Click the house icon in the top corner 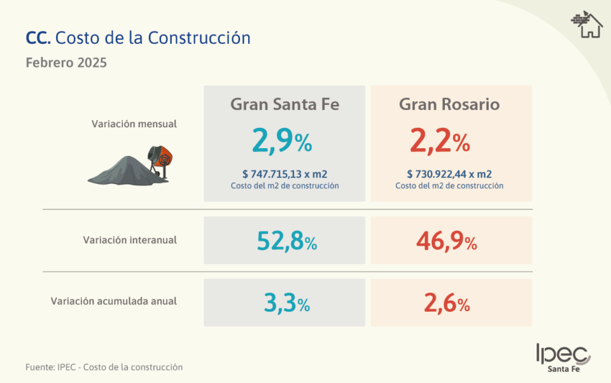[587, 25]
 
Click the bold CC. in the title [38, 38]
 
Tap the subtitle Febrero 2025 [66, 63]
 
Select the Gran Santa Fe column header [284, 105]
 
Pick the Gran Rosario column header [449, 105]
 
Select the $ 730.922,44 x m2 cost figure [449, 174]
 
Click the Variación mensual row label [134, 124]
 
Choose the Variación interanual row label [130, 240]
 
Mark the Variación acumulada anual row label [114, 301]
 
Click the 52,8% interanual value [286, 241]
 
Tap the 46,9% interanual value [446, 241]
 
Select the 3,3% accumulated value [286, 303]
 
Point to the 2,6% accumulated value [447, 303]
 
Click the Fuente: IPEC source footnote [104, 367]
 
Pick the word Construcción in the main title [199, 38]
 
